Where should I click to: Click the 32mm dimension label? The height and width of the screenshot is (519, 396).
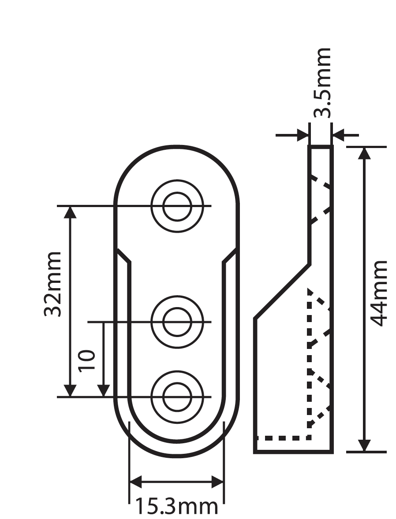click(52, 284)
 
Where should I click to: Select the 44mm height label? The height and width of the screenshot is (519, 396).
click(378, 293)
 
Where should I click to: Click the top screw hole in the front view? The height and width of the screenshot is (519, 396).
click(177, 206)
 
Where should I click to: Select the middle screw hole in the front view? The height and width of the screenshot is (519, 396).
click(177, 323)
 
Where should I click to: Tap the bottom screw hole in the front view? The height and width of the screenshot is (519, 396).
click(177, 397)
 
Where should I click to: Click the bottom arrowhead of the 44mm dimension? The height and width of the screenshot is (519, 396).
click(364, 445)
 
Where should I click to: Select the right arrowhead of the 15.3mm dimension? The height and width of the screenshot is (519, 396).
click(218, 482)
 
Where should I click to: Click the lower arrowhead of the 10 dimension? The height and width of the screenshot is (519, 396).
click(103, 390)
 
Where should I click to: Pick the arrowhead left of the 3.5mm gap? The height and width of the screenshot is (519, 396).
click(303, 135)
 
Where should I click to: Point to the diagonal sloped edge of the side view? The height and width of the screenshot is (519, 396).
click(282, 291)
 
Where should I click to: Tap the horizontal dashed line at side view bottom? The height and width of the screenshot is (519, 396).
click(282, 438)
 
